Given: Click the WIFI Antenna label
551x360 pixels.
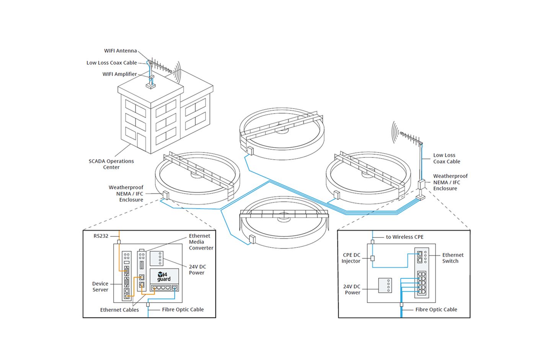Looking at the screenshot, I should point(120,51).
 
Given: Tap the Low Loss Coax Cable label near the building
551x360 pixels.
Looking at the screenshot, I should point(111,63).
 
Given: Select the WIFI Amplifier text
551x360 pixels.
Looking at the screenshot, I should point(119,74).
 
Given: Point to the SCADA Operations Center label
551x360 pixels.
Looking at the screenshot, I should point(111,164).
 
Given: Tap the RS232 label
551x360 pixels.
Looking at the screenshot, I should point(101,236).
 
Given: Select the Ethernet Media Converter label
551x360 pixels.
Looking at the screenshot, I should point(201,242).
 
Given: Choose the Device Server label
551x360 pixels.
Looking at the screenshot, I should point(100,286).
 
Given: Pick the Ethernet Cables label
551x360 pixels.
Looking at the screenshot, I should point(119,310).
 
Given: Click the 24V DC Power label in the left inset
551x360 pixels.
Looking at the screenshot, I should point(197,270).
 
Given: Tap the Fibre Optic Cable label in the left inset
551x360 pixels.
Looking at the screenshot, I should point(183,309).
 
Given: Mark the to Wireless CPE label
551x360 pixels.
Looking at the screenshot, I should point(404,237).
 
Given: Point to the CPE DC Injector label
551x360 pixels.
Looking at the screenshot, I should point(351,258).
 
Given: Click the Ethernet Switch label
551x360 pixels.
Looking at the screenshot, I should point(453,258).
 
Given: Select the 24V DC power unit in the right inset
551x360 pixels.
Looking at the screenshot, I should point(385,285).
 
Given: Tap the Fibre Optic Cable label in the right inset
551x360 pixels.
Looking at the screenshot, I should point(436,309).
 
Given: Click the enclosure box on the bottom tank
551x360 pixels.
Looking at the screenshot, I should point(253,239).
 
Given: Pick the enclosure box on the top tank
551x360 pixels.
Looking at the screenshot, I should point(250,151).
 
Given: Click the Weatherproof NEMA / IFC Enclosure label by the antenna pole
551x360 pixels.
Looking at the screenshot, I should point(450,182).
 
